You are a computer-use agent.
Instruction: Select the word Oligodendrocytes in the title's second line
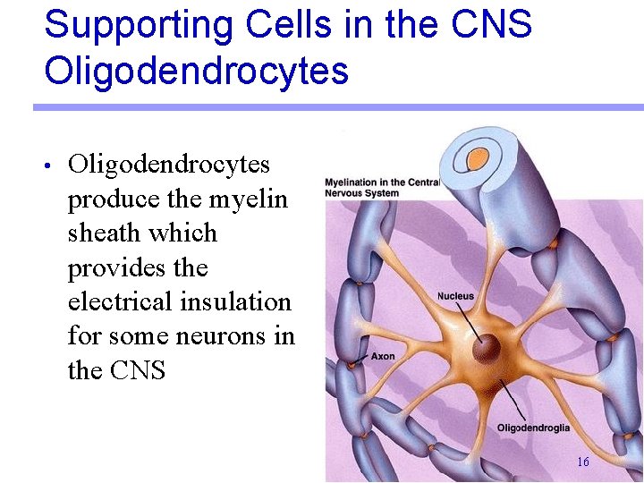[196, 71]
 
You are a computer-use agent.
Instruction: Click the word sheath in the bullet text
[106, 233]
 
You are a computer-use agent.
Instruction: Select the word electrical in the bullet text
[123, 301]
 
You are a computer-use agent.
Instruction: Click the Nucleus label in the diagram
[455, 296]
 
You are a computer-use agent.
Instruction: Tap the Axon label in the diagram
[382, 356]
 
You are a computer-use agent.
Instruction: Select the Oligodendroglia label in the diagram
[532, 428]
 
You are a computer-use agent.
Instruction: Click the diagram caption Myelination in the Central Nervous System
[381, 188]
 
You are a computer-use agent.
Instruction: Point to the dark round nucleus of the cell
[487, 349]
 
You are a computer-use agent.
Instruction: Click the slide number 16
[583, 462]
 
